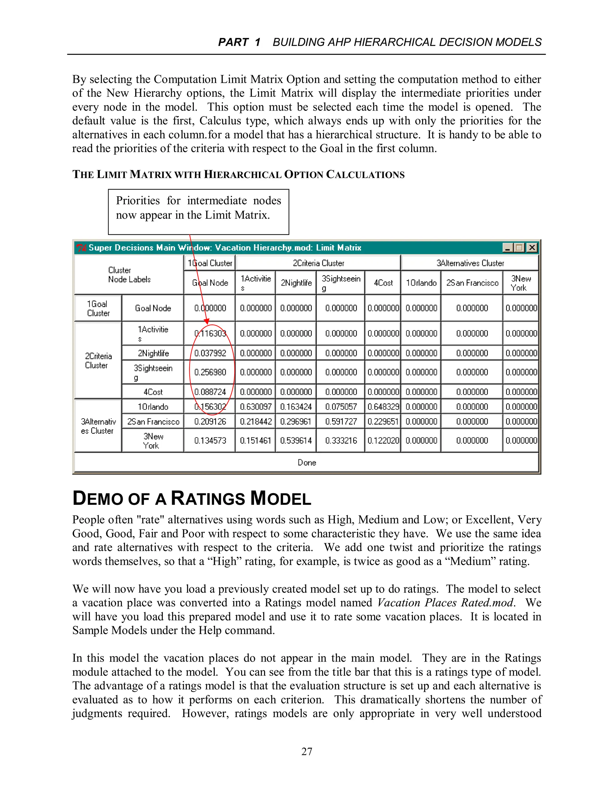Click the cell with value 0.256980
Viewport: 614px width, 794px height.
point(210,372)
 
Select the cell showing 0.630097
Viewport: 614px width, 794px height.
point(256,407)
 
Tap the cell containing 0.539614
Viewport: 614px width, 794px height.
point(296,440)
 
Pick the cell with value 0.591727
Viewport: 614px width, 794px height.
point(341,421)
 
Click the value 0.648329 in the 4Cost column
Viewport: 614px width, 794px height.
point(383,407)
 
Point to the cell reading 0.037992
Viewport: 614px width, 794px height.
point(210,353)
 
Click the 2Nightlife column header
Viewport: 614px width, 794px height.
point(296,283)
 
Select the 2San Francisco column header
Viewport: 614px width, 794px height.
point(472,283)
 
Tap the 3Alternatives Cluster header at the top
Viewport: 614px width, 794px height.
point(470,263)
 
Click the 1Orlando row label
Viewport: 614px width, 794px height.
point(153,407)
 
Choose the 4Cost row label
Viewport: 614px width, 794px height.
point(153,392)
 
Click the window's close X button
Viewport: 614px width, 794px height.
point(532,247)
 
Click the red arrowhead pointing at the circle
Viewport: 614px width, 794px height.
point(207,321)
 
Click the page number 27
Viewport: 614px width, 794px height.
point(307,751)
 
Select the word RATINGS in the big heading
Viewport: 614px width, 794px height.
point(208,499)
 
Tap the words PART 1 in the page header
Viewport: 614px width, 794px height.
point(239,42)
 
